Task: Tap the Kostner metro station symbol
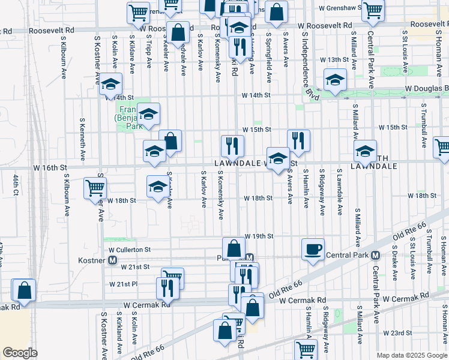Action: [112, 260]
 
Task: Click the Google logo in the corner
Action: [20, 353]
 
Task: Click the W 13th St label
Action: [334, 60]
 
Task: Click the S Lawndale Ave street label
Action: [339, 191]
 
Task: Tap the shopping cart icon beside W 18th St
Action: [95, 187]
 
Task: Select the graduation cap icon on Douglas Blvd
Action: [335, 79]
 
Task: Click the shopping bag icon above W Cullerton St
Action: [233, 247]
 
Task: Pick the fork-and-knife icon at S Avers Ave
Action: [298, 140]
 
